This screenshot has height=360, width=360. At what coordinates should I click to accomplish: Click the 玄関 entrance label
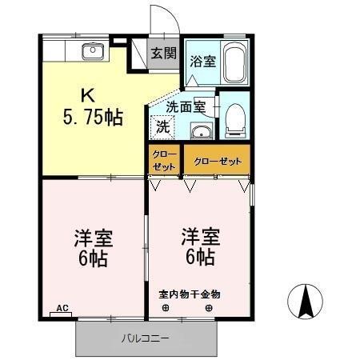click(x=163, y=54)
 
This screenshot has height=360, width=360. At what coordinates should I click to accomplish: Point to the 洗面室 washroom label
click(x=186, y=105)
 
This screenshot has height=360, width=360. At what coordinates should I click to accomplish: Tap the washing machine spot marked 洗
click(x=163, y=126)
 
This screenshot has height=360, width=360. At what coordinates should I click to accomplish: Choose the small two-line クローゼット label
click(x=164, y=161)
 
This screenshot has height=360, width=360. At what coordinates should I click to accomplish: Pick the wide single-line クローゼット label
click(x=217, y=162)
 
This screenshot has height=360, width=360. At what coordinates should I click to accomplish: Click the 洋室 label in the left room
click(x=93, y=238)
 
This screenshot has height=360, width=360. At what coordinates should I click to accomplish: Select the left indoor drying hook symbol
click(x=166, y=308)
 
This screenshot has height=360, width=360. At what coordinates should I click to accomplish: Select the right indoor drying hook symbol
click(x=210, y=308)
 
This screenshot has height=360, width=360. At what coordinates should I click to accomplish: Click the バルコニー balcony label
click(x=146, y=338)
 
